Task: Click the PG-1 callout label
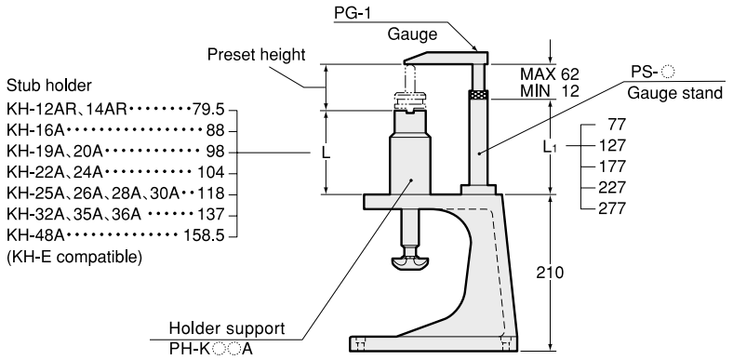353,13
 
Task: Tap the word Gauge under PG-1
412,33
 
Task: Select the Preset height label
256,55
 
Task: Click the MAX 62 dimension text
550,73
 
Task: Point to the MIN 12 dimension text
550,90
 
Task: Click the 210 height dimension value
550,273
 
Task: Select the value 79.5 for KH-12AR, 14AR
208,110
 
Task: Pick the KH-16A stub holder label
35,130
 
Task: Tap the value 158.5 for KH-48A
205,235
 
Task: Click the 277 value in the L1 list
612,208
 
